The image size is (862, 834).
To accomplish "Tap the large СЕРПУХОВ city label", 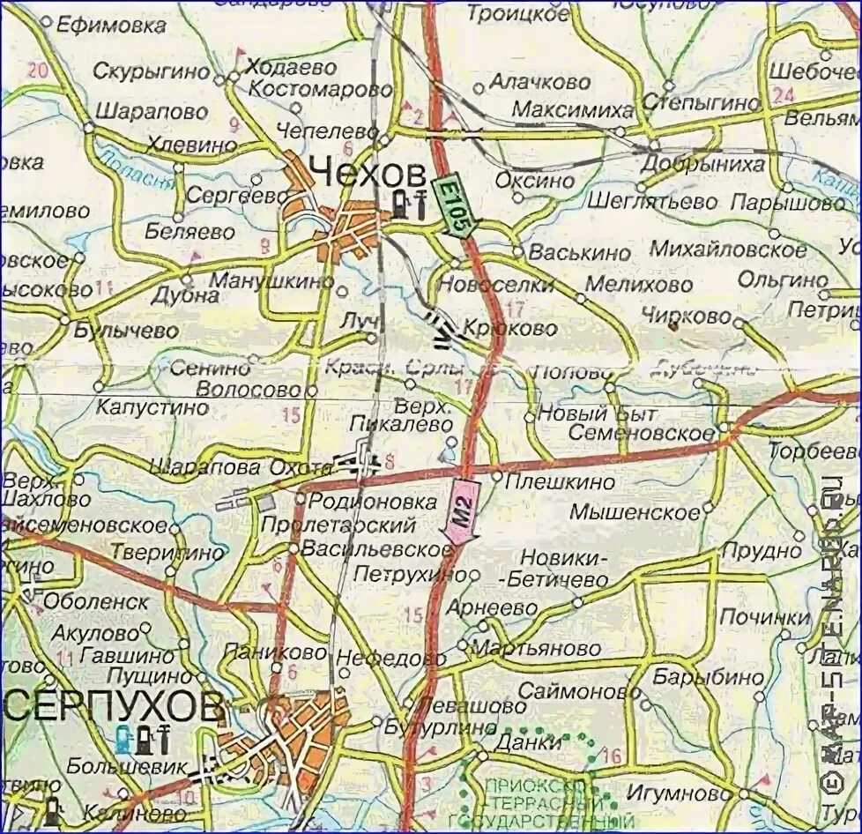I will [x=113, y=705].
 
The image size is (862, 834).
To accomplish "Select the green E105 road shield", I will [x=450, y=207].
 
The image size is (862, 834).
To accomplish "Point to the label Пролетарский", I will [x=338, y=525].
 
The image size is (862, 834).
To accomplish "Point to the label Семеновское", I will [x=641, y=433].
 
